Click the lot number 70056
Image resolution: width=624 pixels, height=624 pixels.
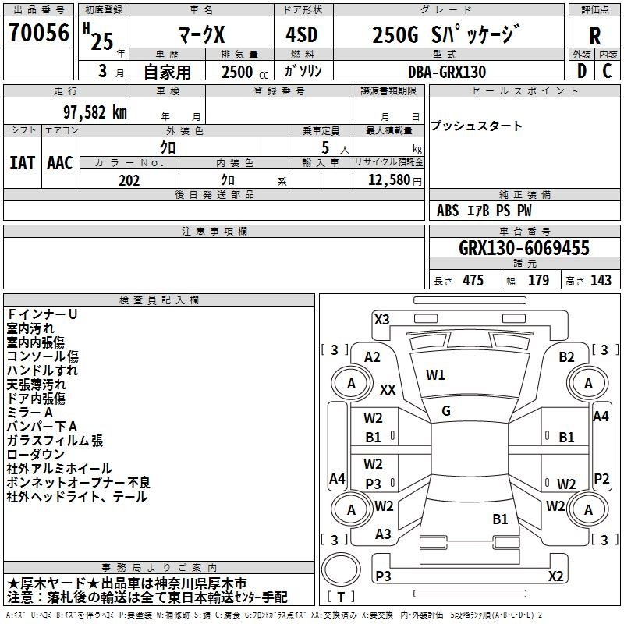(x=39, y=33)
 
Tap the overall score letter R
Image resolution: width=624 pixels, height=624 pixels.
(x=594, y=35)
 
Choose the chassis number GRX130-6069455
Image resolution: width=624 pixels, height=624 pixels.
(x=523, y=249)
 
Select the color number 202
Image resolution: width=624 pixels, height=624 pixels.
(x=129, y=180)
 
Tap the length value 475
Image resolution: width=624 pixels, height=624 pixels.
(x=472, y=281)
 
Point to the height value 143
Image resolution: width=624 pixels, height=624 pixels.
(x=601, y=281)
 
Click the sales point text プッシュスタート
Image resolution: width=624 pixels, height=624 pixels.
(x=477, y=126)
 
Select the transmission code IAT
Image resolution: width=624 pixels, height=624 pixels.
(x=22, y=163)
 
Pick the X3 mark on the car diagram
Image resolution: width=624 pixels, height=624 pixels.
(x=382, y=319)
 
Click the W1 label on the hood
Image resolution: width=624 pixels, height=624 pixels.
(x=435, y=375)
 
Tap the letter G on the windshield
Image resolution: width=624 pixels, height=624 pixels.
(x=446, y=411)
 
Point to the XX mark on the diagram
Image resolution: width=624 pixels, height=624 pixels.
(x=388, y=389)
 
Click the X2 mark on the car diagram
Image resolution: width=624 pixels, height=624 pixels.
(x=555, y=576)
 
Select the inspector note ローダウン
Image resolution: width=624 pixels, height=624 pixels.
(x=36, y=455)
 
